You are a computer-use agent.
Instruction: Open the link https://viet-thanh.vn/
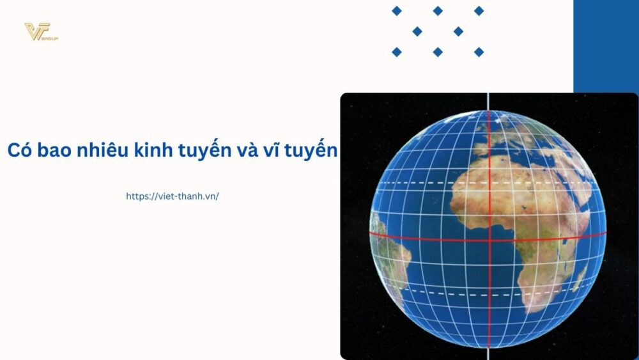pos(173,196)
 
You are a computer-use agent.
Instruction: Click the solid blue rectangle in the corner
pos(606,45)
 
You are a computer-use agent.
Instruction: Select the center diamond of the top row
pos(438,11)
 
